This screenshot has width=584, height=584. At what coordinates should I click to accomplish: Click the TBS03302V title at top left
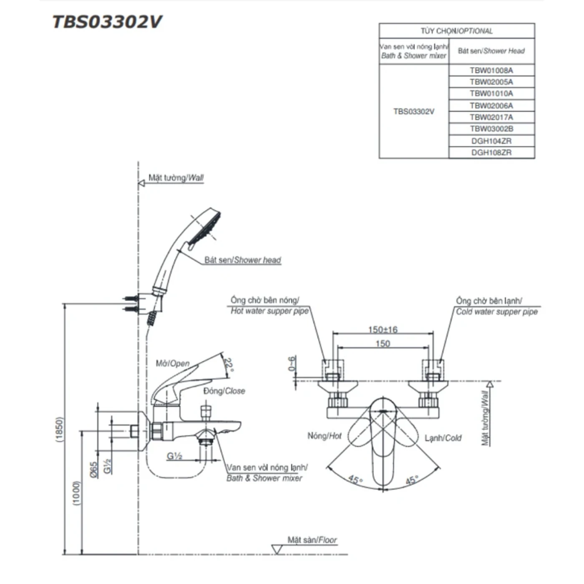tap(107, 22)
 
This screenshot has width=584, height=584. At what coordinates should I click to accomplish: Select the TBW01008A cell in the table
tap(491, 70)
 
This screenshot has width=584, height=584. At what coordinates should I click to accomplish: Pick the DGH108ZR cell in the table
tap(491, 153)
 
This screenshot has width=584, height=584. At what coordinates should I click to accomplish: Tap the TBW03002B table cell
tap(491, 129)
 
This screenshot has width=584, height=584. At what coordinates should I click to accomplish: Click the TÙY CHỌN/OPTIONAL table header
tap(456, 31)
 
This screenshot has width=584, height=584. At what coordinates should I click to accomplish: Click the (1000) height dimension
tap(76, 493)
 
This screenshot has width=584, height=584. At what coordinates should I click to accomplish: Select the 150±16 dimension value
tap(383, 330)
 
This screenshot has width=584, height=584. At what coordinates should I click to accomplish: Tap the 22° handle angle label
tap(229, 364)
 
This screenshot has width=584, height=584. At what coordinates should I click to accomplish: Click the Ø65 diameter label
tap(94, 469)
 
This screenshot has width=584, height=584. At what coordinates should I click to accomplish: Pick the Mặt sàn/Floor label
tap(312, 540)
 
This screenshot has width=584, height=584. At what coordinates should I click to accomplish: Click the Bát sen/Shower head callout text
tap(242, 260)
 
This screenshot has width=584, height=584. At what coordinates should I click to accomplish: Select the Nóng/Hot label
tap(324, 436)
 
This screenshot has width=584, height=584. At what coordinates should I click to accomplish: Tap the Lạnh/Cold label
tap(443, 438)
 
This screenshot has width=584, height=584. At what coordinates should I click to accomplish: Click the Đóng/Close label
tap(224, 391)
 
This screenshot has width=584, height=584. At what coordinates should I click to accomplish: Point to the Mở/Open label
tap(172, 363)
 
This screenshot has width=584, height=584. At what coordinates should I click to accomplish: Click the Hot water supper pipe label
tap(269, 311)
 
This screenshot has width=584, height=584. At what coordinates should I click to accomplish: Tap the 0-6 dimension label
tap(292, 363)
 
